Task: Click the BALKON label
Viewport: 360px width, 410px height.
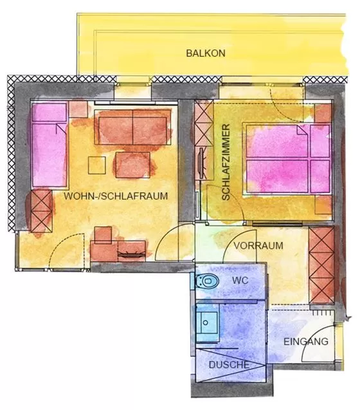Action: coord(206,53)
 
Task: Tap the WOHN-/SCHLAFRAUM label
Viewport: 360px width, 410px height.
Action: coord(116,196)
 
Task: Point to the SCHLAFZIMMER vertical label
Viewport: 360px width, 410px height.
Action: coord(226,163)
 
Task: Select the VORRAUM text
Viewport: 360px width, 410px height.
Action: coord(258,246)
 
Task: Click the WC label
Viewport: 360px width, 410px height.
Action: coord(240,281)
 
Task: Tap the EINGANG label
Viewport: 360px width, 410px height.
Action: coord(306,342)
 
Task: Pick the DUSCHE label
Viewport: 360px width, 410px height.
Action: coord(229,365)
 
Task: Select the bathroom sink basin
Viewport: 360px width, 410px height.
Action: coord(208,321)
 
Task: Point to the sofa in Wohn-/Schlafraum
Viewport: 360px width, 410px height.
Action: coord(132,127)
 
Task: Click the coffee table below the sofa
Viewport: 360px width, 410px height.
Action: coord(133,165)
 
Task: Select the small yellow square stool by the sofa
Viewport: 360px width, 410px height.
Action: coord(98,165)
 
